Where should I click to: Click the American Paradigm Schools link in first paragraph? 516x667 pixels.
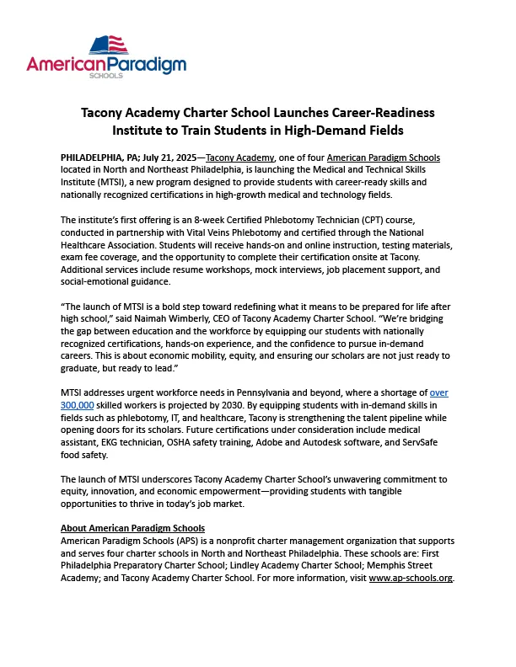tap(383, 157)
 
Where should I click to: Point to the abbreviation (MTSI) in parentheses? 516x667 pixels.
tap(107, 182)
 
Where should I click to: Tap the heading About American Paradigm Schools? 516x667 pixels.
tap(133, 528)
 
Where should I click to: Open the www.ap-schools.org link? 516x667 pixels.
tap(411, 579)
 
